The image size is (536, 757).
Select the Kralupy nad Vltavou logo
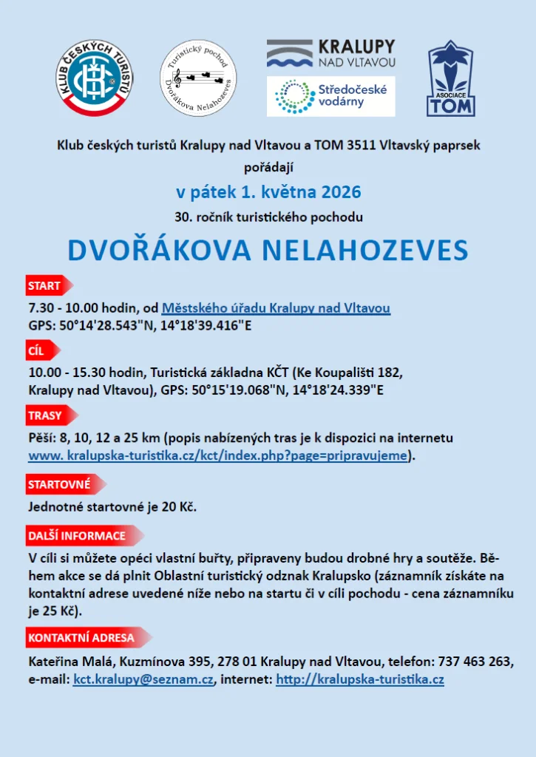coord(330,54)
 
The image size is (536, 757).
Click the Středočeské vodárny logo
coord(330,96)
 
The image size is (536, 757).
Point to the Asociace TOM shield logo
coord(450,79)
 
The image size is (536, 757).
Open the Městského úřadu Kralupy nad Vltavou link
coord(276,308)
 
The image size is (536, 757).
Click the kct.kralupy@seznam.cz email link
coord(143,678)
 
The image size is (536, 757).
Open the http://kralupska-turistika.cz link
coord(359,678)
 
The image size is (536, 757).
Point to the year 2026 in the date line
coord(341,193)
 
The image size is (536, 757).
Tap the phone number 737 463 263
coord(475,661)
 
